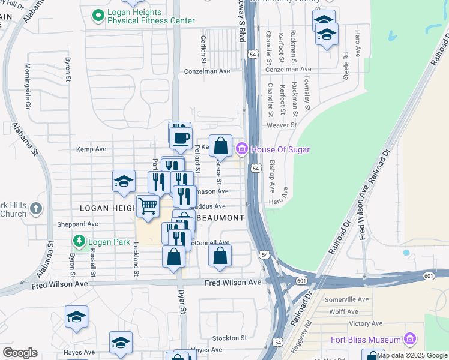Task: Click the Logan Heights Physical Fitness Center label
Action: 151,16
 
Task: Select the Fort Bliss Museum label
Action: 366,340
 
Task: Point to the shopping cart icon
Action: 148,206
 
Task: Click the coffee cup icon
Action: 180,137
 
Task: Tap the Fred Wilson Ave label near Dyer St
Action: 233,282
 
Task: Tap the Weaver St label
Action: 282,125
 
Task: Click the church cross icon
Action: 35,209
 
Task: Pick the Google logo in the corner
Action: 20,353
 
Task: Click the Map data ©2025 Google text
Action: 412,355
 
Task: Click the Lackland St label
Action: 137,259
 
